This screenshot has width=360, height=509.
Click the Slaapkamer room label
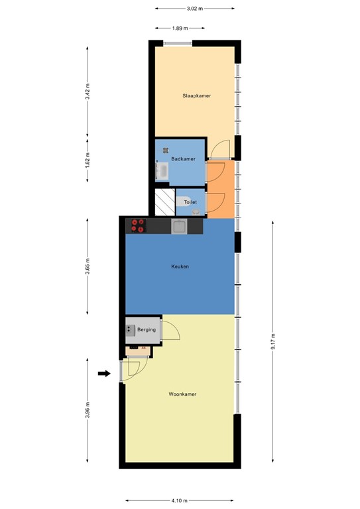(196, 95)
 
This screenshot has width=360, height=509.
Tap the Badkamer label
(184, 159)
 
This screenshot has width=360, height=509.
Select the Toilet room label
(190, 202)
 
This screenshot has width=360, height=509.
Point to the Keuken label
(180, 266)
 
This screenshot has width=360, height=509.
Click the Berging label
(147, 329)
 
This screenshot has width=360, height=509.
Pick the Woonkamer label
(182, 394)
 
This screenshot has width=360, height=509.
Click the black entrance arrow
(104, 374)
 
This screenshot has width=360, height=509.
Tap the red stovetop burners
(138, 225)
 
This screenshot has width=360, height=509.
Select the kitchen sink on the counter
(179, 226)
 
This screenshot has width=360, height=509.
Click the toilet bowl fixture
(184, 201)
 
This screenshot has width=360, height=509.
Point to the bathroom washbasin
(162, 170)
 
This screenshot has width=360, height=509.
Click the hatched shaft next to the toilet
(165, 202)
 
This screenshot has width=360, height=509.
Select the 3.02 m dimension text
(195, 9)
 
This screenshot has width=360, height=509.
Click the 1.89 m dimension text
(180, 28)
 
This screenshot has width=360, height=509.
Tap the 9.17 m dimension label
(273, 341)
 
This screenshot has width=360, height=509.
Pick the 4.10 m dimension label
(179, 500)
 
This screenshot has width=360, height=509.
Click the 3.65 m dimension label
(88, 266)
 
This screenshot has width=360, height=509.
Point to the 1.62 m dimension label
(88, 160)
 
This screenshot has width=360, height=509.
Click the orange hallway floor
(221, 189)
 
